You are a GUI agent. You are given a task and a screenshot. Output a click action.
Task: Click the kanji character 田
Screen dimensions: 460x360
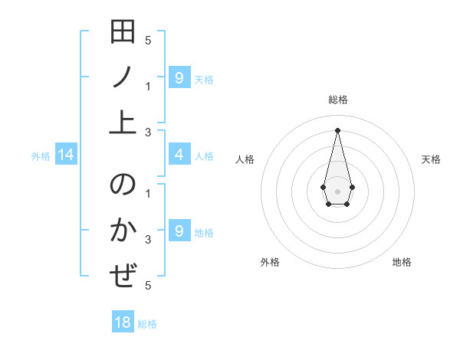coord(123,33)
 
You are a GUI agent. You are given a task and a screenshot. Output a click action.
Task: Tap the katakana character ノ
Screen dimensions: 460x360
coord(123,77)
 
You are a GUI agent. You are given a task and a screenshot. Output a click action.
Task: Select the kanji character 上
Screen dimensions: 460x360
coord(123,121)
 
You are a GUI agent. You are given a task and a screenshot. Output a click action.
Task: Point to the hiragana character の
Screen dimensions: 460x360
coord(123,186)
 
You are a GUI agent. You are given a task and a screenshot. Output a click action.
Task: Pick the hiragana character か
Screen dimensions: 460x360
coord(123,231)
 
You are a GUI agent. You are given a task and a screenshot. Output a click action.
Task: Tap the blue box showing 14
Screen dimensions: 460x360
coord(66,156)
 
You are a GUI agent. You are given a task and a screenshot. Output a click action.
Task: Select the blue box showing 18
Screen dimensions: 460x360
coord(123,322)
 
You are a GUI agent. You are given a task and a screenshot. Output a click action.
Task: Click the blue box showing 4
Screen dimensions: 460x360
coord(179,155)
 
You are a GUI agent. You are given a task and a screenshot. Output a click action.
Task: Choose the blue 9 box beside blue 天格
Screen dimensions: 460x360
coord(179,77)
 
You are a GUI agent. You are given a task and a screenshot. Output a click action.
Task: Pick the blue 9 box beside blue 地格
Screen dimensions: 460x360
coord(179,231)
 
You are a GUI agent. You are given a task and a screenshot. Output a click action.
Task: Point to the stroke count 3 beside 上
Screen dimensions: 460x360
coord(148,132)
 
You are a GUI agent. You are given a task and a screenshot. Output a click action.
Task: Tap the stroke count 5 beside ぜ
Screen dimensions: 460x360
coord(148,286)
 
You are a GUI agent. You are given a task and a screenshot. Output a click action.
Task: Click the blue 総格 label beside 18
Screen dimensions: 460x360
coord(147,324)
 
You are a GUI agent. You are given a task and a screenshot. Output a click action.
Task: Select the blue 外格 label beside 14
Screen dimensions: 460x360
coord(41,157)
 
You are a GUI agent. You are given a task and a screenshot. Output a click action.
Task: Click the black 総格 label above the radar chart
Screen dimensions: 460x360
coord(338,100)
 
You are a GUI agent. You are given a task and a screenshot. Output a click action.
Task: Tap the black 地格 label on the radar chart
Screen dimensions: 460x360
coord(402,262)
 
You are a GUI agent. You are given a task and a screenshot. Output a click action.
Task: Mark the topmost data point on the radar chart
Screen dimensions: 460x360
coord(337,129)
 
